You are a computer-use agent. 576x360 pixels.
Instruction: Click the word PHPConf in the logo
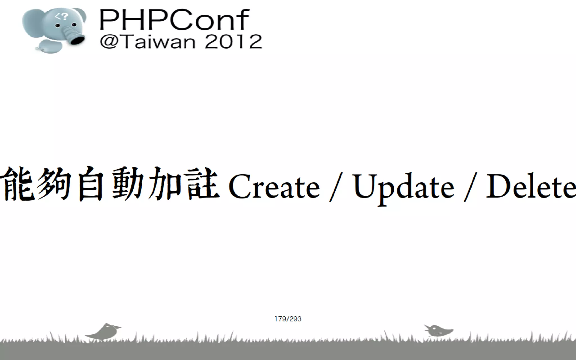[174, 20]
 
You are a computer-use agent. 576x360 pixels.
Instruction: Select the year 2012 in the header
[233, 42]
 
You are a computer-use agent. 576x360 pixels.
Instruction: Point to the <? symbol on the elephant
[62, 17]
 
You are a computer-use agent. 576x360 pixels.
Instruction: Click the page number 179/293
[288, 319]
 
